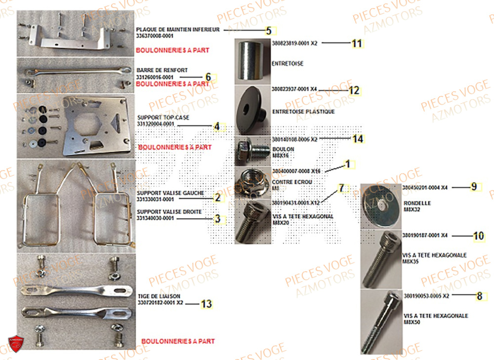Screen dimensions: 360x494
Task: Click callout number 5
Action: (x=268, y=31)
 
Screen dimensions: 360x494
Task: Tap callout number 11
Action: (x=357, y=43)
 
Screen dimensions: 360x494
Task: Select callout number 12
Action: (x=354, y=90)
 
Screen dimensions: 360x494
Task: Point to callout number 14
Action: (x=358, y=139)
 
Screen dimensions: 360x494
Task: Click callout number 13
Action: (x=206, y=304)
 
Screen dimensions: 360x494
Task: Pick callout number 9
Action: (x=473, y=187)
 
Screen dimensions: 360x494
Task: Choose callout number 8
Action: (x=478, y=296)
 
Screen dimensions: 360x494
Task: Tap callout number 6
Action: (x=208, y=77)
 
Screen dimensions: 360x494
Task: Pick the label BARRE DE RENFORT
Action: (x=155, y=71)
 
